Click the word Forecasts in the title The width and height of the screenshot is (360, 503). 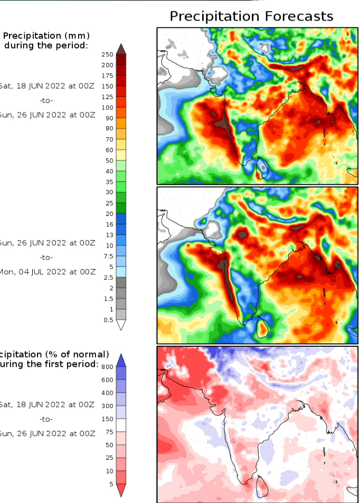coord(296,16)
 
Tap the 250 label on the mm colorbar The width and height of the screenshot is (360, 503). coord(107,54)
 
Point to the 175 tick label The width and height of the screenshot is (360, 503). coord(107,75)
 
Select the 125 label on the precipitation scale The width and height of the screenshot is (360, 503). coord(107,97)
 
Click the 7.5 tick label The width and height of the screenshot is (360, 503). coord(108,256)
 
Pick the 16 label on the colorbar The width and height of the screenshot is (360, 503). coord(109,224)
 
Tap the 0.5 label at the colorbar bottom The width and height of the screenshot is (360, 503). coord(108,320)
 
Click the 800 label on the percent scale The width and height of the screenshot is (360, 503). coord(107,367)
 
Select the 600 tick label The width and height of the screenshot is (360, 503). coord(107,380)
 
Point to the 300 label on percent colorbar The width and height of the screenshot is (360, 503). coord(107,406)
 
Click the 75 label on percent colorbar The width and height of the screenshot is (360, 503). coord(109,432)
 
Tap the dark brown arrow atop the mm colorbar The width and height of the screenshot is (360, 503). coord(121,49)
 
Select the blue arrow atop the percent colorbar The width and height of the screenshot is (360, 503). coord(121,359)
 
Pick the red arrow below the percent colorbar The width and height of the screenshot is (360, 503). coord(121,490)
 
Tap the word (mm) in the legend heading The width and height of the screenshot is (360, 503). coord(78,36)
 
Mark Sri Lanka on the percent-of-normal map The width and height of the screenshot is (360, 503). coord(261,486)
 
